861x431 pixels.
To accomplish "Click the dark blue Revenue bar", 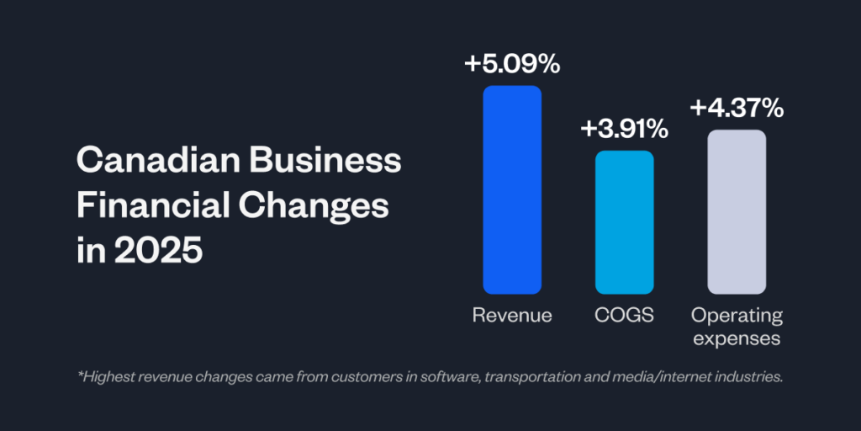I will pyautogui.click(x=511, y=189).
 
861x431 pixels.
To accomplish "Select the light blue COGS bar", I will pyautogui.click(x=624, y=222).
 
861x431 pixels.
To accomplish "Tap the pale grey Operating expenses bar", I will pyautogui.click(x=737, y=211).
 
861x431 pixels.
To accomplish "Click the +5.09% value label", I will pyautogui.click(x=511, y=64).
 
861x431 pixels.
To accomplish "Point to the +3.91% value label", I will pyautogui.click(x=624, y=129).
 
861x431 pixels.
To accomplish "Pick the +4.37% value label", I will pyautogui.click(x=737, y=108).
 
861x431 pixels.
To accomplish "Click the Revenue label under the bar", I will pyautogui.click(x=511, y=316).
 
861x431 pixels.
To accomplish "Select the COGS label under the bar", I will pyautogui.click(x=624, y=316).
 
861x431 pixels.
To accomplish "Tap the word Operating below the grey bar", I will pyautogui.click(x=737, y=316).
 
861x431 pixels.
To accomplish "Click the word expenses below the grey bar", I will pyautogui.click(x=737, y=338).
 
